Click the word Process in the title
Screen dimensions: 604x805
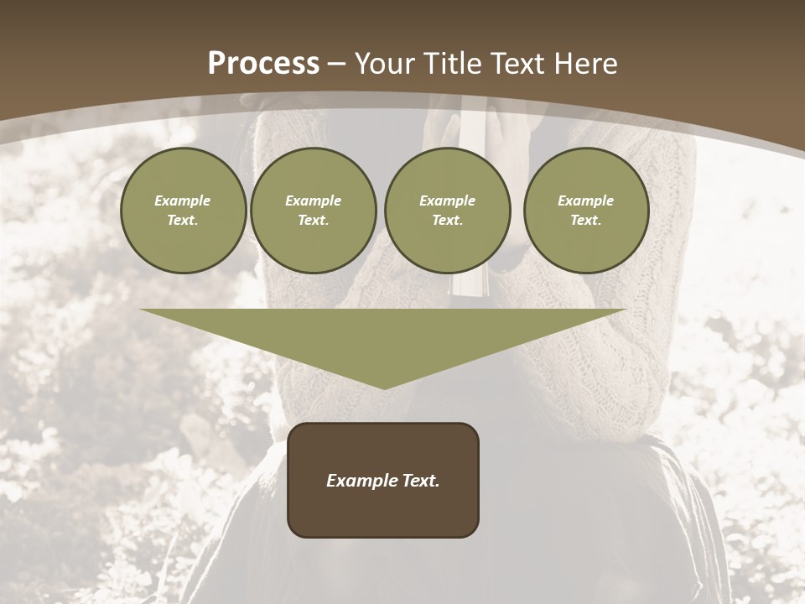pyautogui.click(x=263, y=64)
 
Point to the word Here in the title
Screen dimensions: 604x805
pyautogui.click(x=588, y=64)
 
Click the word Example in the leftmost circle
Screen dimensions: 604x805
pyautogui.click(x=183, y=200)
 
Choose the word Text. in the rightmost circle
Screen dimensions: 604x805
pyautogui.click(x=586, y=220)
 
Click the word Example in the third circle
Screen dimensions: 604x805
pyautogui.click(x=448, y=200)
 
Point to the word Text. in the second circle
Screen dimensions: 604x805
pyautogui.click(x=314, y=220)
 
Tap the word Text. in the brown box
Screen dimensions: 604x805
pyautogui.click(x=421, y=481)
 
